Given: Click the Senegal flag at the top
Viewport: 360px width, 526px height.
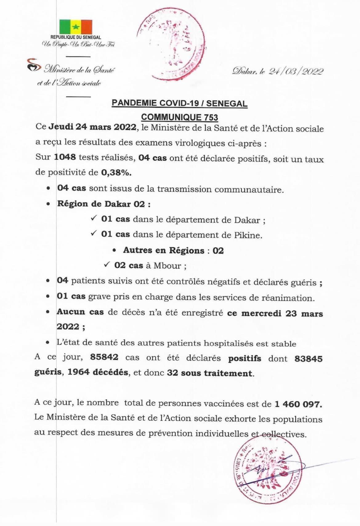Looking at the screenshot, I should click(x=75, y=27).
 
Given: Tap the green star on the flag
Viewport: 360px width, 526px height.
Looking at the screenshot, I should click(x=75, y=27).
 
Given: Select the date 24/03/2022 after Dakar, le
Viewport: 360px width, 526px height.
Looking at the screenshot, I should click(x=296, y=71).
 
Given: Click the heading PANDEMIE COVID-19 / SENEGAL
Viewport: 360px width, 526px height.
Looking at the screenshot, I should click(x=180, y=103).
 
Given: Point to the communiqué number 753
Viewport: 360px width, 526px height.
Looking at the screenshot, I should click(x=211, y=117).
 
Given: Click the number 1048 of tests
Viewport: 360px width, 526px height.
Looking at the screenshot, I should click(x=65, y=157).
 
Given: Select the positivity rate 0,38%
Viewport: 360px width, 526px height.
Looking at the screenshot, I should click(x=116, y=173).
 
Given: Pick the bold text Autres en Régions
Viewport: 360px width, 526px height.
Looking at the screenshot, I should click(x=164, y=250).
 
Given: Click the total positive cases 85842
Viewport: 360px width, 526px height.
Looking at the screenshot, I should click(x=104, y=357).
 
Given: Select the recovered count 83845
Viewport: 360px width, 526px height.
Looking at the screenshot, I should click(x=308, y=359).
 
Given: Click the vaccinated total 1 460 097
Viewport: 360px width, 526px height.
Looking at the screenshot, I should click(x=298, y=404).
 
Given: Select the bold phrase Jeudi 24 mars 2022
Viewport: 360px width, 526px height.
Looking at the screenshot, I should click(x=93, y=127).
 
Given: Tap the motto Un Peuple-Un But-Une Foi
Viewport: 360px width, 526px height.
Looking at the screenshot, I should click(x=78, y=45).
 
